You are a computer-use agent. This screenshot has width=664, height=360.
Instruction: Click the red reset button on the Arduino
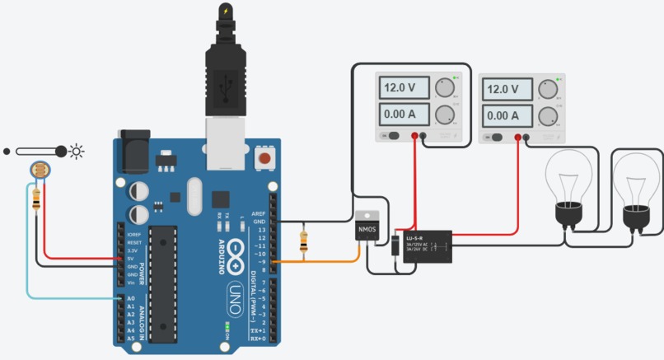click(x=265, y=157)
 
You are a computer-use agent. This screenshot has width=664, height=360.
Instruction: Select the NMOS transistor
click(x=367, y=228)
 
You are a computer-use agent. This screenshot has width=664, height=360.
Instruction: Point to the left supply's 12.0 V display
click(x=403, y=87)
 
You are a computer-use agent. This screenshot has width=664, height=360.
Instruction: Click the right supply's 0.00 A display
click(x=505, y=115)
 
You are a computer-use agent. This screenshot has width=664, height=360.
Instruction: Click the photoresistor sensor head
click(x=39, y=171)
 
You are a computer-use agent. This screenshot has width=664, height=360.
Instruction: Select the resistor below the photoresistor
click(x=36, y=199)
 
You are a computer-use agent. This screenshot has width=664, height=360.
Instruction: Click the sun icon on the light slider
click(x=77, y=151)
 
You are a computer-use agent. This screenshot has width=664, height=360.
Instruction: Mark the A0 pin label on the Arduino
click(x=129, y=299)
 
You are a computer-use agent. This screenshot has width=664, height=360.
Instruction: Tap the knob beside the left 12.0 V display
click(x=445, y=87)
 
